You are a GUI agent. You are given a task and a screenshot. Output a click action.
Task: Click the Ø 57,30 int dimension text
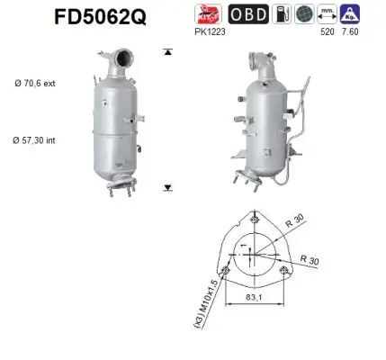pyautogui.click(x=34, y=141)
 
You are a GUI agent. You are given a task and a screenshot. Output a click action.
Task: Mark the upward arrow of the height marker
pyautogui.click(x=167, y=52)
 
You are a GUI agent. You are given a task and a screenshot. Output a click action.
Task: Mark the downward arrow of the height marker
pyautogui.click(x=167, y=188)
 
